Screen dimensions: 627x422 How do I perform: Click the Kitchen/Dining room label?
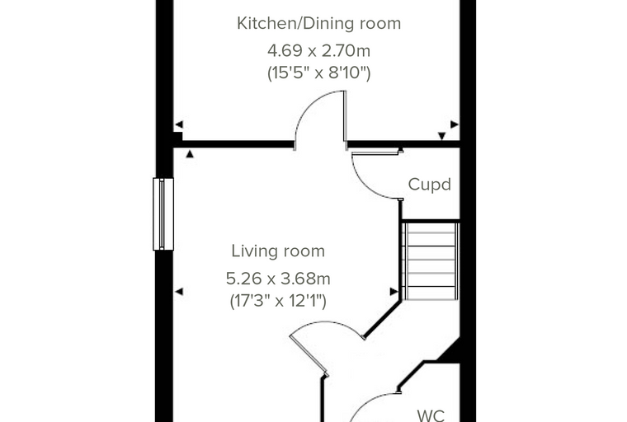pos(318,24)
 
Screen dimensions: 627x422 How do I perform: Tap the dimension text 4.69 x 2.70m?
pos(318,51)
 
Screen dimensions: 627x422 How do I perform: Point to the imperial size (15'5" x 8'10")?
pos(318,73)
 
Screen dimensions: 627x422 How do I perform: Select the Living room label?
pos(278,251)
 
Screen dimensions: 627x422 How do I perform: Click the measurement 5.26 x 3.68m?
pos(278,279)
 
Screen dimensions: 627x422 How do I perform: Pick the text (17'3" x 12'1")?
pos(278,301)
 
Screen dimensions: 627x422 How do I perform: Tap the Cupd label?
pos(430,185)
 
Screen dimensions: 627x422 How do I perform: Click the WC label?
pos(431,415)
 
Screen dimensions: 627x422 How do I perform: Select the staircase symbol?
pos(431,261)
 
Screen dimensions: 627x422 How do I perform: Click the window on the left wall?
pos(163,214)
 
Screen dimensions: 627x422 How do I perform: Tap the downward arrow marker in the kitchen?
pos(442,136)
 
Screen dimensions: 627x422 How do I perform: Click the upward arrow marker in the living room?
pos(190,154)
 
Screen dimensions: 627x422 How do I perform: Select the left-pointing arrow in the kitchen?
pos(179,124)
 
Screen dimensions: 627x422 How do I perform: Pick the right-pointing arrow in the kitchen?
pos(455,124)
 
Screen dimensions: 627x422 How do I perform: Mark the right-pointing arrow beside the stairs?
pos(394,292)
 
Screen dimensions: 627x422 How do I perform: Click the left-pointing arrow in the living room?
pos(179,292)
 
